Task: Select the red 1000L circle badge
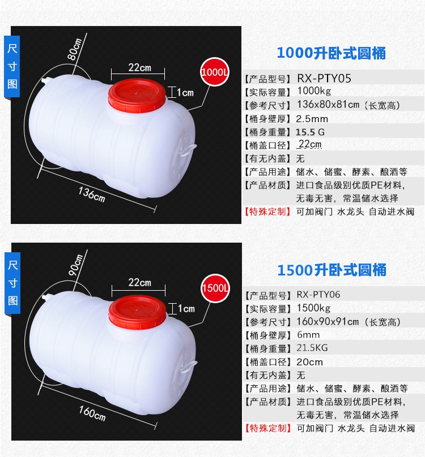click(x=215, y=72)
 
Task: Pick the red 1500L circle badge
click(x=215, y=288)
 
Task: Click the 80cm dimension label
click(x=74, y=49)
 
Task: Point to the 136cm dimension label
click(x=91, y=195)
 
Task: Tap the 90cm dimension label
click(x=76, y=265)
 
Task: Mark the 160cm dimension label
click(x=92, y=413)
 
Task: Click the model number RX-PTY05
click(x=324, y=79)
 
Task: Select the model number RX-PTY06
click(x=318, y=295)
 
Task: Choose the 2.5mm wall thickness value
click(x=312, y=119)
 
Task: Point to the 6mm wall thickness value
click(x=308, y=335)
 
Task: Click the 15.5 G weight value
click(x=310, y=132)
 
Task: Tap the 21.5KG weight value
click(x=312, y=348)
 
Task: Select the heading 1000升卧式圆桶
click(x=331, y=53)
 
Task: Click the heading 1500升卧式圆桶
click(x=332, y=270)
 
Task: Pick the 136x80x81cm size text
click(x=328, y=105)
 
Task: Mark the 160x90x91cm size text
click(x=328, y=321)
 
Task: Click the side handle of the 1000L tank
click(x=188, y=149)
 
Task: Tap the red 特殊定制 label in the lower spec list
click(x=268, y=428)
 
